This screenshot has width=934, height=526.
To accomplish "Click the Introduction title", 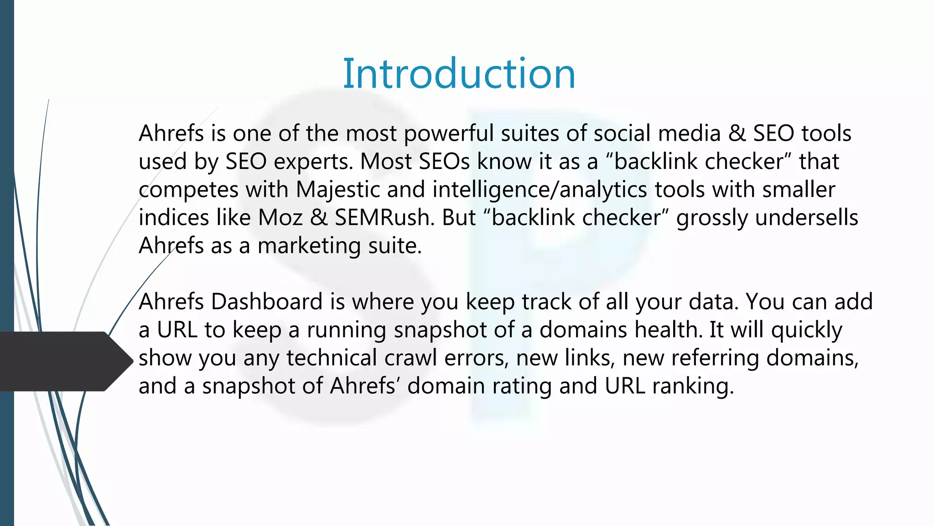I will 459,74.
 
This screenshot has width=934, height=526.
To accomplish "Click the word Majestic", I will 338,189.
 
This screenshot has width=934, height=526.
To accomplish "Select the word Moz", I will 280,218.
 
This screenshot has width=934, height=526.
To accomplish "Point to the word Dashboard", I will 267,302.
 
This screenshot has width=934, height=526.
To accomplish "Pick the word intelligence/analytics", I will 540,189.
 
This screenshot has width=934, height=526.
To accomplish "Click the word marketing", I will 309,247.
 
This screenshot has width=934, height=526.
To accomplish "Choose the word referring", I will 715,358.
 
